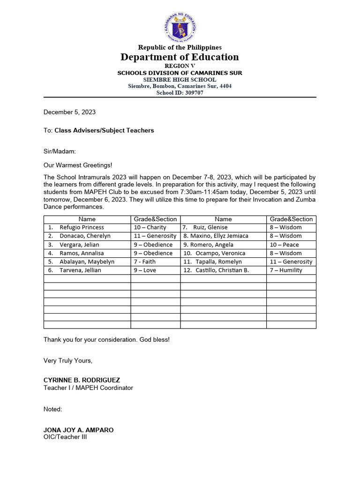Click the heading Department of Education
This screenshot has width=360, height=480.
[x=180, y=57]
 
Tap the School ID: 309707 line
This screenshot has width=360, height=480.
[x=180, y=93]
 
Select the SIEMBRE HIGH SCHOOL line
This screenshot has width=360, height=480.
[x=180, y=80]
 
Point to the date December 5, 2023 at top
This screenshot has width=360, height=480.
[x=69, y=112]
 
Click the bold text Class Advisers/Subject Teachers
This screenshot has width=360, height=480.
[x=104, y=130]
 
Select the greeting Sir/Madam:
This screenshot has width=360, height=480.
[x=59, y=152]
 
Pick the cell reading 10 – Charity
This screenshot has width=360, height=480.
[x=150, y=227]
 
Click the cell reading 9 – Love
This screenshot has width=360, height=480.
[x=145, y=270]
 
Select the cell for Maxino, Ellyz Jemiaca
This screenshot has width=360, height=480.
[x=216, y=236]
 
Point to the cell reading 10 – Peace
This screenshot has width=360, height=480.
[x=284, y=245]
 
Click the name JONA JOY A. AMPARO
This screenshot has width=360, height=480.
[x=78, y=430]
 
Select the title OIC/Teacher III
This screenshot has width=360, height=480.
[x=65, y=437]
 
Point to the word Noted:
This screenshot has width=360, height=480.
[x=52, y=409]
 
